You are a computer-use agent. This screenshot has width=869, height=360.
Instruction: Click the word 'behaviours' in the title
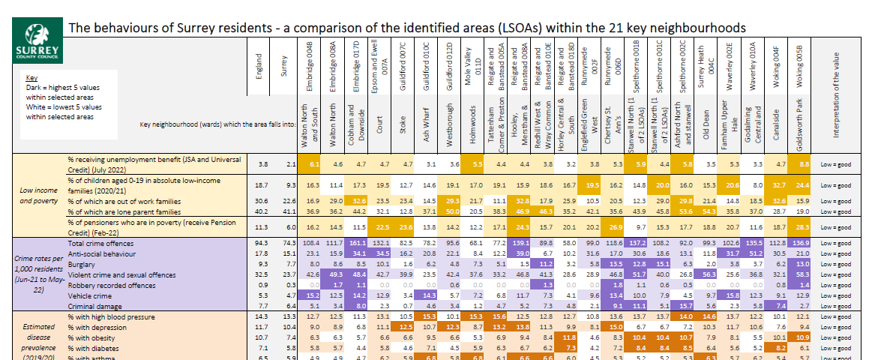click(x=120, y=28)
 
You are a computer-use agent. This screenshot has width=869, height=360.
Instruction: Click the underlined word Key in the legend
click(x=31, y=77)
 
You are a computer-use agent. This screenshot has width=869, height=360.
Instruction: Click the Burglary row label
click(x=83, y=265)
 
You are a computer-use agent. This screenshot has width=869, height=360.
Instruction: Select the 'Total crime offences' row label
click(x=101, y=244)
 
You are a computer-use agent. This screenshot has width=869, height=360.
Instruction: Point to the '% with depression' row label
click(x=97, y=328)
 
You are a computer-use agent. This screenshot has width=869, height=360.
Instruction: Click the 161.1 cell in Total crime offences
click(x=357, y=244)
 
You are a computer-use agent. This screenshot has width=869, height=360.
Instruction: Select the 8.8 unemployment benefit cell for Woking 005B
click(x=804, y=163)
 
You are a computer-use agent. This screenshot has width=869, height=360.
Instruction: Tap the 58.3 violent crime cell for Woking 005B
click(x=802, y=275)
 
